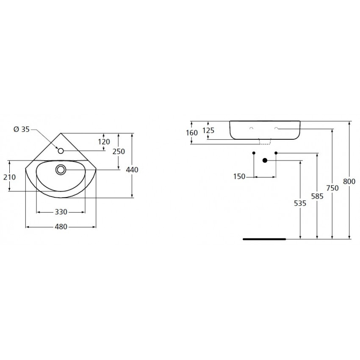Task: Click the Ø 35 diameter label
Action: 22,130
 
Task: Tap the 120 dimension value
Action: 104,141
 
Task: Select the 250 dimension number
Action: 119,152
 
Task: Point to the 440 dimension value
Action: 132,170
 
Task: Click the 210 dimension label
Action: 9,177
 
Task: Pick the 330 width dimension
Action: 61,212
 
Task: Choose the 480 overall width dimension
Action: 61,227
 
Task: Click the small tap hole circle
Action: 61,151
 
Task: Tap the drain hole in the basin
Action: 61,170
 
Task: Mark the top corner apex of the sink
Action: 61,133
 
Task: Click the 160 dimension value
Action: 192,133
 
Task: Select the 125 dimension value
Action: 208,130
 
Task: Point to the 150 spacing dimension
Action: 239,177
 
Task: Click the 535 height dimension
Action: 300,203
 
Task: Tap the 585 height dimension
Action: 317,196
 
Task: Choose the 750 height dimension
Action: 332,188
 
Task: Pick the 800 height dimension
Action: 349,181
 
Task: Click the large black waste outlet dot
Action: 265,161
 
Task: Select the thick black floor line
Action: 264,239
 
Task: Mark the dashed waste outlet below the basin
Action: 265,141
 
